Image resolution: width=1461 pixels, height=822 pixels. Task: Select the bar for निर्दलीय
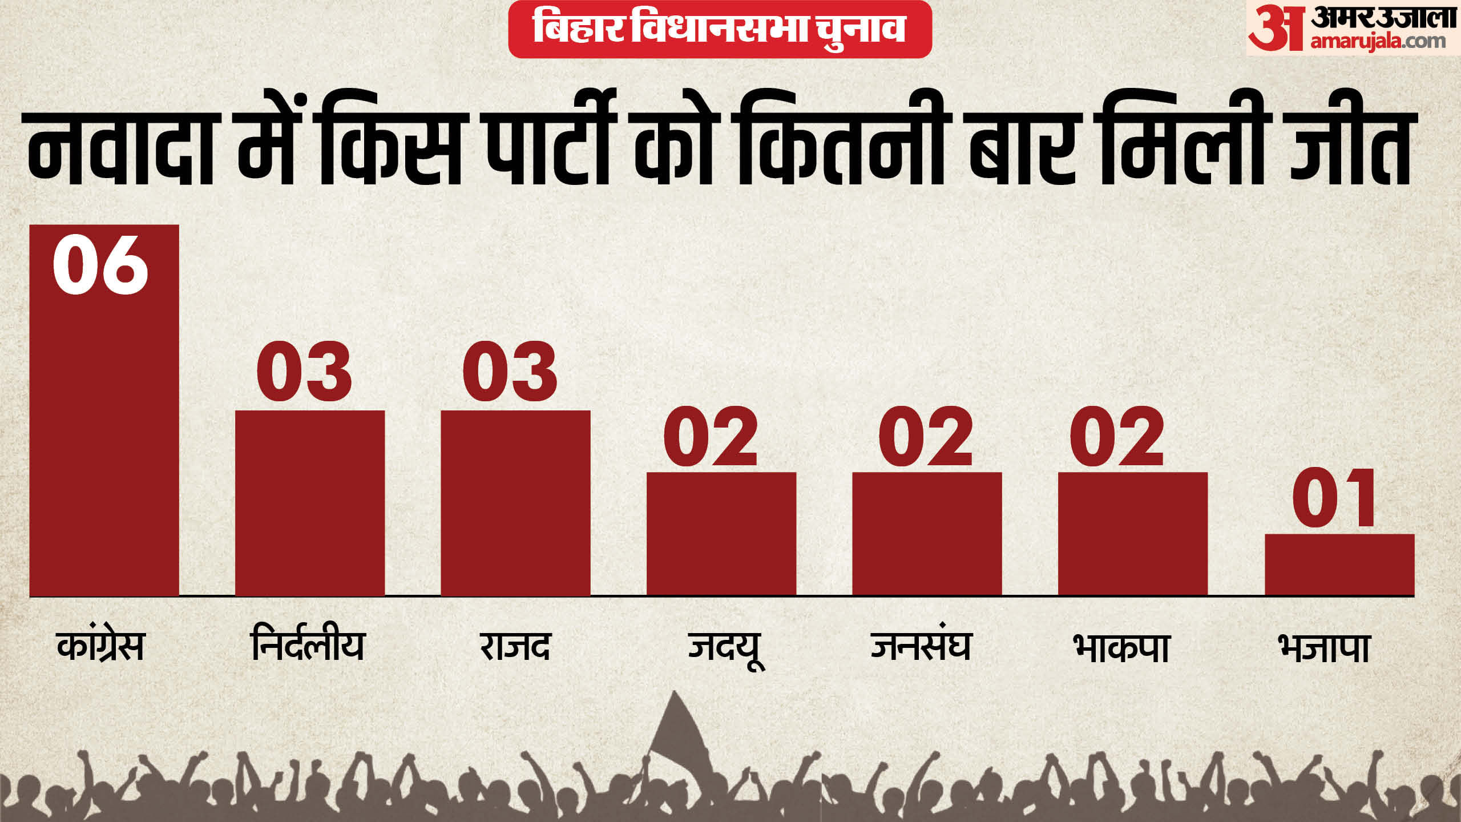[310, 502]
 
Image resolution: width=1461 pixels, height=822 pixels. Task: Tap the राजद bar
[515, 502]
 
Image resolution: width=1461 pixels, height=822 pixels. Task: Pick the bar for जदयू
[721, 534]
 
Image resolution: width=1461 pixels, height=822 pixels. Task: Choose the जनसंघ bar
[927, 534]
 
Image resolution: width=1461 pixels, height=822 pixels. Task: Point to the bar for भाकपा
[1133, 534]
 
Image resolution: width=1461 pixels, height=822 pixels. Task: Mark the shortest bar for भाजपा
[1339, 565]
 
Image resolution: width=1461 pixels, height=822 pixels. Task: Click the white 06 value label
[100, 266]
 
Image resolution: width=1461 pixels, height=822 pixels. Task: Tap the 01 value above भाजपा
[1334, 498]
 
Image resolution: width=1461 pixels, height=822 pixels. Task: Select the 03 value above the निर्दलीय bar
[304, 372]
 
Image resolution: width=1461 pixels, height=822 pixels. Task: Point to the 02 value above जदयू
[711, 437]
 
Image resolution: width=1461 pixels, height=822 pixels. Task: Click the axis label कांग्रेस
[100, 647]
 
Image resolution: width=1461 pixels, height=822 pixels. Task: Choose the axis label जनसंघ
[921, 647]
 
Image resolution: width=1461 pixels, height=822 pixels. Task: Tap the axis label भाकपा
[1121, 648]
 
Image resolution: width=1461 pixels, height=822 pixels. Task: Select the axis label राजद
[515, 647]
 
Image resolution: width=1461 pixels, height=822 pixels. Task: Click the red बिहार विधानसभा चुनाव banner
[720, 29]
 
